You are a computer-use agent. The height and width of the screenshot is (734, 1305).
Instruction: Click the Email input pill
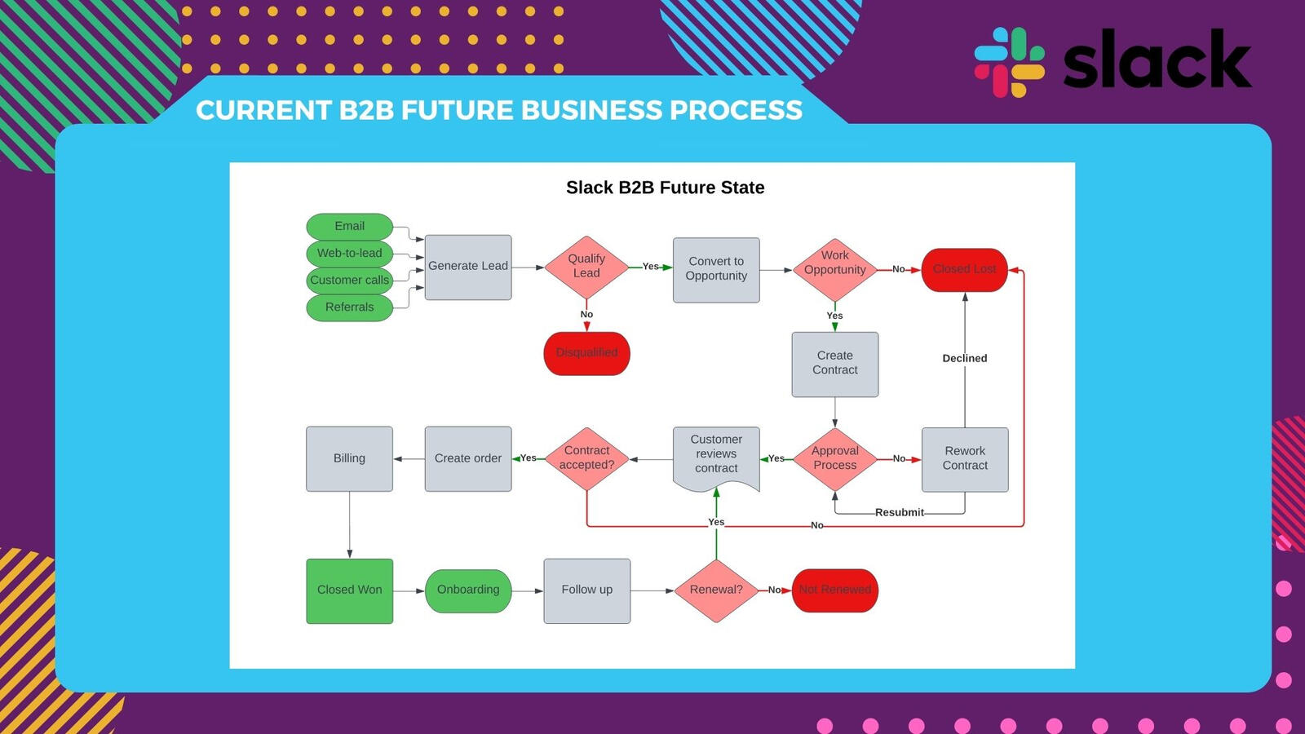tap(349, 226)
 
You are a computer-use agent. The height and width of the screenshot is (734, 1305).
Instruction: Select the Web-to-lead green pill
tap(349, 253)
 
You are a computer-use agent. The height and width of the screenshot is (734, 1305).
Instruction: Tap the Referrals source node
tap(349, 307)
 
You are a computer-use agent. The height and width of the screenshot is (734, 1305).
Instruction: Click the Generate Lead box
tap(468, 267)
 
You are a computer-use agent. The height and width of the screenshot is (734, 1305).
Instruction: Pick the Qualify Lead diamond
tap(586, 267)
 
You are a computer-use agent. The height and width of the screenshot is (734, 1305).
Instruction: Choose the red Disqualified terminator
tap(586, 353)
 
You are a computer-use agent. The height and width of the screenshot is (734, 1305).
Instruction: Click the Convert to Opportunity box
tap(716, 269)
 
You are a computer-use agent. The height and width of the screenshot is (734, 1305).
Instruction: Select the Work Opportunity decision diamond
tap(834, 268)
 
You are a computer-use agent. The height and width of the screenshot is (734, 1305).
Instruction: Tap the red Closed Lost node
tap(964, 269)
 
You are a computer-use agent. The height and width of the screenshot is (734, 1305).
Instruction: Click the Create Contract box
tap(834, 364)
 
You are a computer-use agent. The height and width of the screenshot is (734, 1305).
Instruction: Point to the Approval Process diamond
tap(834, 459)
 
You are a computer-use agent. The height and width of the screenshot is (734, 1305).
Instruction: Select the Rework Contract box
tap(965, 459)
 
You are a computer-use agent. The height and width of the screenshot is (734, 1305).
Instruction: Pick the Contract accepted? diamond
tap(586, 458)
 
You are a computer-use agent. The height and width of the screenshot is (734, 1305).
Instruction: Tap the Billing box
tap(349, 458)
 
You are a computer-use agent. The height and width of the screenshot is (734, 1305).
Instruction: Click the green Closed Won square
tap(349, 590)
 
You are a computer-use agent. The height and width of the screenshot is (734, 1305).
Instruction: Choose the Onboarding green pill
tap(468, 590)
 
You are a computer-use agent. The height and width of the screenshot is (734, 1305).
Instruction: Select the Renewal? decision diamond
tap(716, 590)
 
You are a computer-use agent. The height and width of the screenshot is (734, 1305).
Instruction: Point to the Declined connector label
tap(964, 358)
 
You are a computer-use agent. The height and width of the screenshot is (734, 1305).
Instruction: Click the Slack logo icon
tap(1010, 62)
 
